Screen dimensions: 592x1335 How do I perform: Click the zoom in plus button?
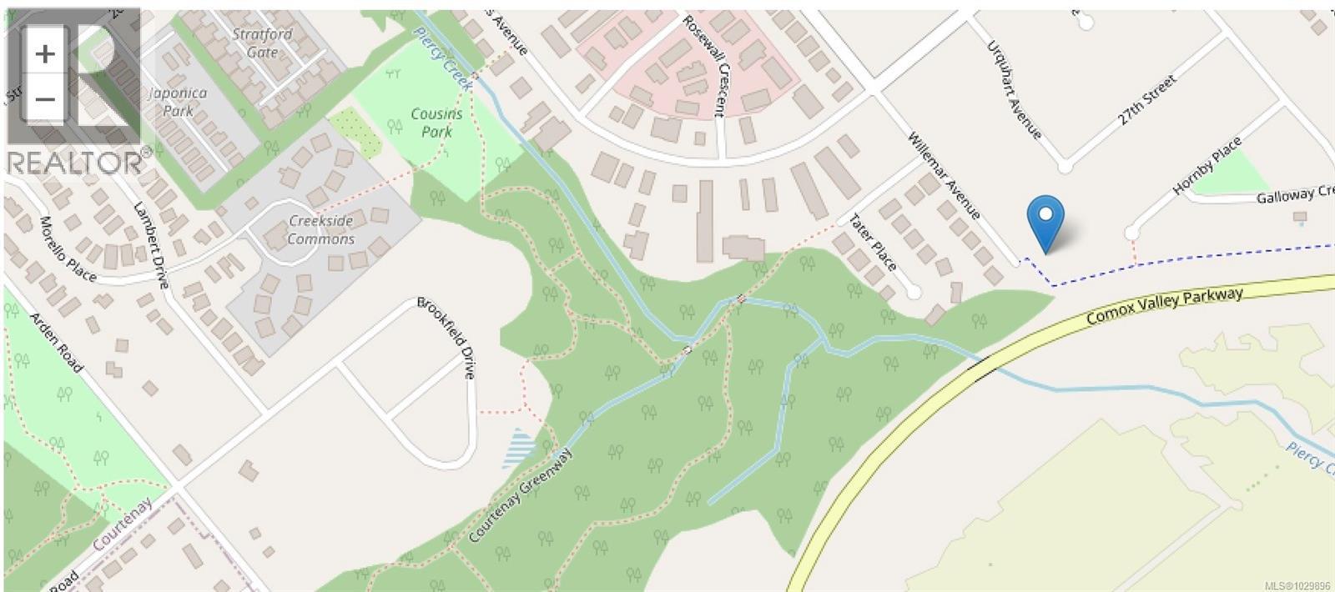coord(45,54)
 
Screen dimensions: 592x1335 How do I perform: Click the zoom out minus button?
coord(45,100)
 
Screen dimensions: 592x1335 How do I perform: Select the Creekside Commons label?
coord(320,230)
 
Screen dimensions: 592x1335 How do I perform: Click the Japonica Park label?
coord(178,102)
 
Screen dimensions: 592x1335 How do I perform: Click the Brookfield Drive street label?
coord(447,337)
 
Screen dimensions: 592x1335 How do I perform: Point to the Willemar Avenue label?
coord(944,176)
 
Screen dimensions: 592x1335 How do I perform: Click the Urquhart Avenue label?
coord(1014,90)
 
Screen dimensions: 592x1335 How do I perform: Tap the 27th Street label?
coord(1147,101)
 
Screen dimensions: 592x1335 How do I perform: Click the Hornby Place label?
coord(1207,166)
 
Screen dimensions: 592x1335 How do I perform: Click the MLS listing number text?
coord(1297,585)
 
